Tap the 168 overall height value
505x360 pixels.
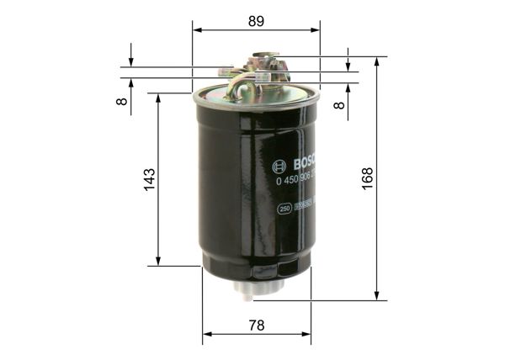click(x=368, y=178)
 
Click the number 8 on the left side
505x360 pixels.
click(x=122, y=100)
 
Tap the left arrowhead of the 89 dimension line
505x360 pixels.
click(x=197, y=30)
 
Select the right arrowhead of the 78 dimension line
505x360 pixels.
click(x=307, y=334)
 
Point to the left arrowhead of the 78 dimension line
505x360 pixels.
click(x=206, y=334)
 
